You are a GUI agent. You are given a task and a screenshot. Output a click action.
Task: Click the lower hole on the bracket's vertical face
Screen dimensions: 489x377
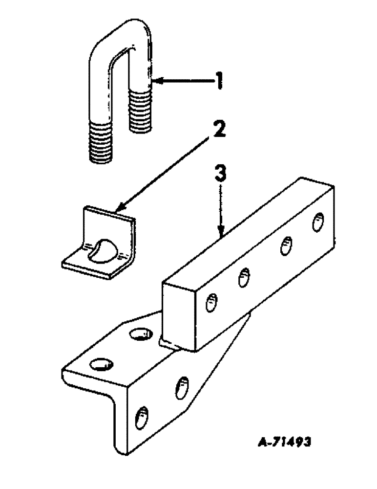[x=142, y=419]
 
